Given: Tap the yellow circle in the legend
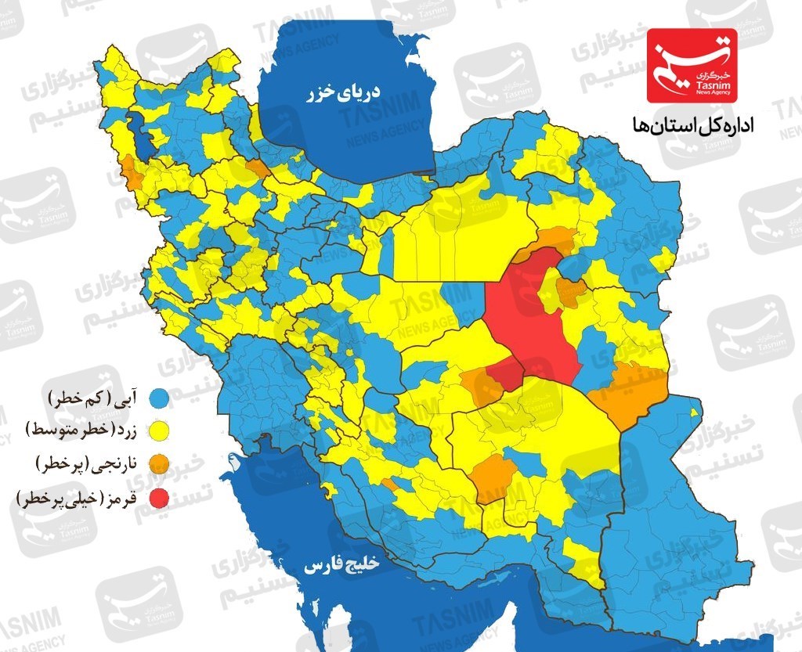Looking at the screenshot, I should pos(161,430).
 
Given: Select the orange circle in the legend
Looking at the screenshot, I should pos(161,463).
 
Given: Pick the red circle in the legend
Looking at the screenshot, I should pos(161,497).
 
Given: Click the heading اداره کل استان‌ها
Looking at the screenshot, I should pos(688,125).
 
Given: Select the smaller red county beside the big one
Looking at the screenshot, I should pos(505,375).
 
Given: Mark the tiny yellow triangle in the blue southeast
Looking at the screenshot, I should pos(694,411).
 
